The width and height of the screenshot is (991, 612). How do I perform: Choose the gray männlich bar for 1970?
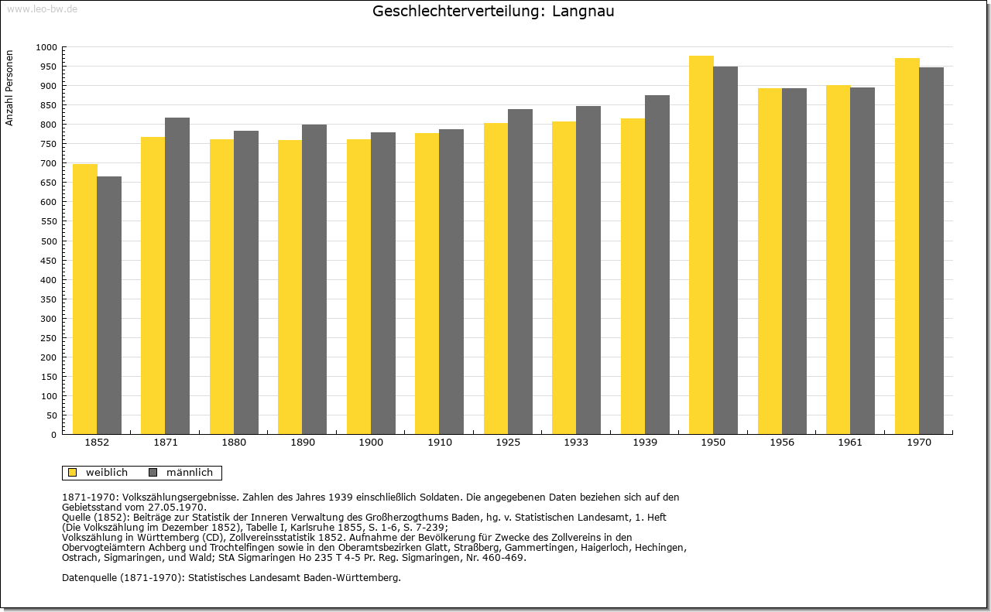click(x=931, y=251)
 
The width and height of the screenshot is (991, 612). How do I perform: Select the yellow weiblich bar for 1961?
click(x=838, y=259)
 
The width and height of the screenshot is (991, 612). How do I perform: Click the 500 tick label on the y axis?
click(x=50, y=241)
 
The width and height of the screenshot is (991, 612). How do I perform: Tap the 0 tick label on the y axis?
click(x=54, y=435)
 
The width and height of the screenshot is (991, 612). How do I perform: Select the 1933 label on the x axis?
click(x=576, y=443)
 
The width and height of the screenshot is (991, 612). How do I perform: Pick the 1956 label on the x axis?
click(x=782, y=443)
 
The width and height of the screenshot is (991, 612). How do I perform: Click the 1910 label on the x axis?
click(x=439, y=443)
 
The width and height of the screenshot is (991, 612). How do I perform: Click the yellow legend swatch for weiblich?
click(x=73, y=473)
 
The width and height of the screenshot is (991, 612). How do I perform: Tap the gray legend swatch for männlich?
click(x=153, y=473)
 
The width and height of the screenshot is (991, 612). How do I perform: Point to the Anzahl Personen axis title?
click(x=10, y=88)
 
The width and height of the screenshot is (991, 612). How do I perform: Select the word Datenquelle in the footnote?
click(x=89, y=578)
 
